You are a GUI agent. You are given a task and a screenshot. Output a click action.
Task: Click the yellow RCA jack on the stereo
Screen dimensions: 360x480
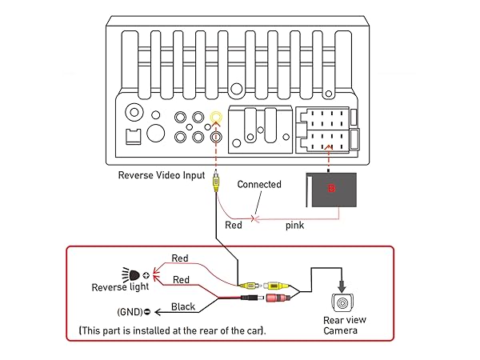coord(216,118)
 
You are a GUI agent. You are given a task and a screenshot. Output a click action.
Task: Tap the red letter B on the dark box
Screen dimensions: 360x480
coord(330,190)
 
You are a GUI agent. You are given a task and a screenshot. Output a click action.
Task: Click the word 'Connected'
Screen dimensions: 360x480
coord(259,185)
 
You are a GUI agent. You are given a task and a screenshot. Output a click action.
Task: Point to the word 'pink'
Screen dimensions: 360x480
coord(295,226)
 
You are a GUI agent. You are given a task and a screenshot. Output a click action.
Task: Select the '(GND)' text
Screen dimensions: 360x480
coord(130,312)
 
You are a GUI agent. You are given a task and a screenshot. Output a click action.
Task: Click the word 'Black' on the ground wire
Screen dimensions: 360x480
coord(183,306)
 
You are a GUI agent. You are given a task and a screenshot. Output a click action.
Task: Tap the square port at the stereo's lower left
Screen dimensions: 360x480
coord(133,137)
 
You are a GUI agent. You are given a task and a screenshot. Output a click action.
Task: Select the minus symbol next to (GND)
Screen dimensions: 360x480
coord(150,312)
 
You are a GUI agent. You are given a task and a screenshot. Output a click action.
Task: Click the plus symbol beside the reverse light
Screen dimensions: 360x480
coord(146,274)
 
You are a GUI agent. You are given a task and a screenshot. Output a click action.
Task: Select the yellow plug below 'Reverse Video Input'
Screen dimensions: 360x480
coord(216,183)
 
